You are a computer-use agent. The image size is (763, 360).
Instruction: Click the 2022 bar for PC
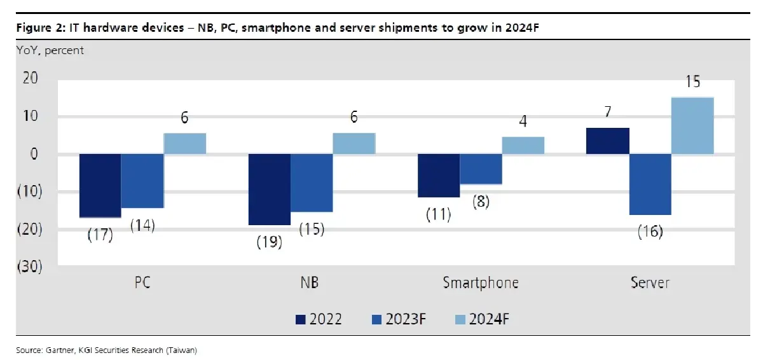tap(100, 186)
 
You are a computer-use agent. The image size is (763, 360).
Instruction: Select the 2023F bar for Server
tap(650, 184)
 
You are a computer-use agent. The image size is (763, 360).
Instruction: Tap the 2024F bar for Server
tap(692, 126)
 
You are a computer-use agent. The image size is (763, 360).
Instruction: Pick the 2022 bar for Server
tap(608, 141)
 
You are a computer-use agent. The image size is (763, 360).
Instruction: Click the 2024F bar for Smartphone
tap(523, 146)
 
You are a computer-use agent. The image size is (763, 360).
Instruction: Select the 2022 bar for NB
tap(270, 190)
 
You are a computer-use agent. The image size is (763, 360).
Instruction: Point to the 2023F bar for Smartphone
tap(481, 169)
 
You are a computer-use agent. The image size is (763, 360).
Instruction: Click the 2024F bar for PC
tap(184, 143)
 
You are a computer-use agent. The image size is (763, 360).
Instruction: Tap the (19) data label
tap(270, 242)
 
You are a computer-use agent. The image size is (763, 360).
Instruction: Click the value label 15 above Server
tap(692, 82)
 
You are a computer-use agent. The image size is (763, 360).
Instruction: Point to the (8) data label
tap(481, 201)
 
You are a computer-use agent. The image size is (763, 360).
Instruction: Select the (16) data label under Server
tap(650, 232)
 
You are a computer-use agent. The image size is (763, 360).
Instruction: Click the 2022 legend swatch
tap(300, 319)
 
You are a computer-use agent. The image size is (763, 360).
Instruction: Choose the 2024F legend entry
tap(482, 319)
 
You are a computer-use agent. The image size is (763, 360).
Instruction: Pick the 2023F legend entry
tap(399, 319)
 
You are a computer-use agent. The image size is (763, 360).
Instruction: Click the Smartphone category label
tap(481, 282)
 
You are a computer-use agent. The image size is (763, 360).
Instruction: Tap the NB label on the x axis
tap(309, 282)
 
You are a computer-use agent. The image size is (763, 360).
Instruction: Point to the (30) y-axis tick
tap(30, 266)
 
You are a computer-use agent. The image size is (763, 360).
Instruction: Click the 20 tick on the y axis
tap(31, 78)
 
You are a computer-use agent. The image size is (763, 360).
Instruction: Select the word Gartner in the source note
tap(60, 350)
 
